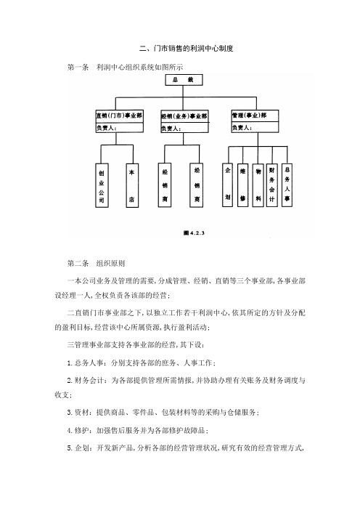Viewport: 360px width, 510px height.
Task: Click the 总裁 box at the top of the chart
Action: tap(184, 80)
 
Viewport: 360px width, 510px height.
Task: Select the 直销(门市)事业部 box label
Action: tap(119, 116)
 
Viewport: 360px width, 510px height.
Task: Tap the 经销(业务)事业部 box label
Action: tap(184, 116)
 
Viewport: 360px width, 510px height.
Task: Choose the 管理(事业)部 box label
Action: tap(249, 115)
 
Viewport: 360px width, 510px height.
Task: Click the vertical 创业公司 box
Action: tap(102, 185)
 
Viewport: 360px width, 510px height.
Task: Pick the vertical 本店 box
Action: tap(132, 185)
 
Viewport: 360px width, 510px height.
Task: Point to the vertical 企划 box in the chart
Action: tap(227, 185)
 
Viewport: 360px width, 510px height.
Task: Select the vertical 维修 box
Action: tap(242, 185)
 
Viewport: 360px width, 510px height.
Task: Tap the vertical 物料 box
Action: tap(258, 185)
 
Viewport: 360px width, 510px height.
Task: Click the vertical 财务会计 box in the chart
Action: tap(272, 185)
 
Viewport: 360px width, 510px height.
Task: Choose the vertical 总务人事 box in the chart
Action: tap(287, 185)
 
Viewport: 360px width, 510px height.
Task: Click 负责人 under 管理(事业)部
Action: tap(242, 128)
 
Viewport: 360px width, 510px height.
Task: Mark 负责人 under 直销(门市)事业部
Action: tap(106, 128)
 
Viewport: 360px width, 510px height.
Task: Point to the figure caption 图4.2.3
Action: tap(194, 233)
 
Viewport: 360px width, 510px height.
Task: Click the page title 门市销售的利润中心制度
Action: tap(193, 49)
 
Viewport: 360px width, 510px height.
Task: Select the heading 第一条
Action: tap(78, 68)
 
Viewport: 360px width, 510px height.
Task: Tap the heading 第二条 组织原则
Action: tap(97, 264)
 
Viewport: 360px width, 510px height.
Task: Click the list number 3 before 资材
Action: tap(70, 413)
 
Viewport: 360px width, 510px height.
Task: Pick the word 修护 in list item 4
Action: tap(81, 430)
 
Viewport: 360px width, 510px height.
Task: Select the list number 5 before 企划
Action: tap(70, 448)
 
